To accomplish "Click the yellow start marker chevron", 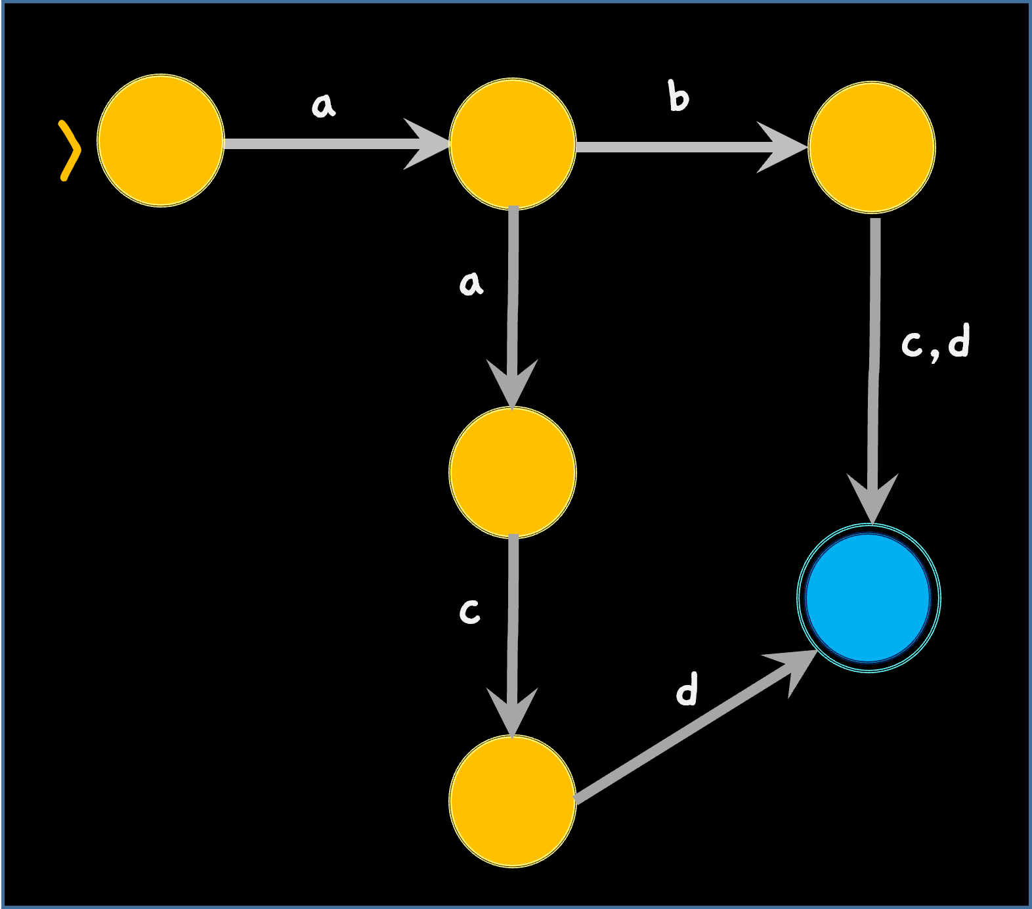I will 70,150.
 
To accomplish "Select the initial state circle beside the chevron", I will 161,141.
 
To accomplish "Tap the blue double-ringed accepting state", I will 869,598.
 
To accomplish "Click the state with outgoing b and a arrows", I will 513,144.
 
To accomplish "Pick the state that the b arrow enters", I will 872,147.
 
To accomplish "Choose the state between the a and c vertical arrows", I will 513,472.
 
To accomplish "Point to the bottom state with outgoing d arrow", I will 513,801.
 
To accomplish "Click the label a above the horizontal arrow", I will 323,105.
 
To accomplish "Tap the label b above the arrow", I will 678,97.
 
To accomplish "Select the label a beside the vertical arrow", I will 471,283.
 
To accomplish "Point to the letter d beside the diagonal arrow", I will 687,689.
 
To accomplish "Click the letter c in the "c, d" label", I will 912,344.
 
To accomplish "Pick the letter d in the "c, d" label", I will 958,340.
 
